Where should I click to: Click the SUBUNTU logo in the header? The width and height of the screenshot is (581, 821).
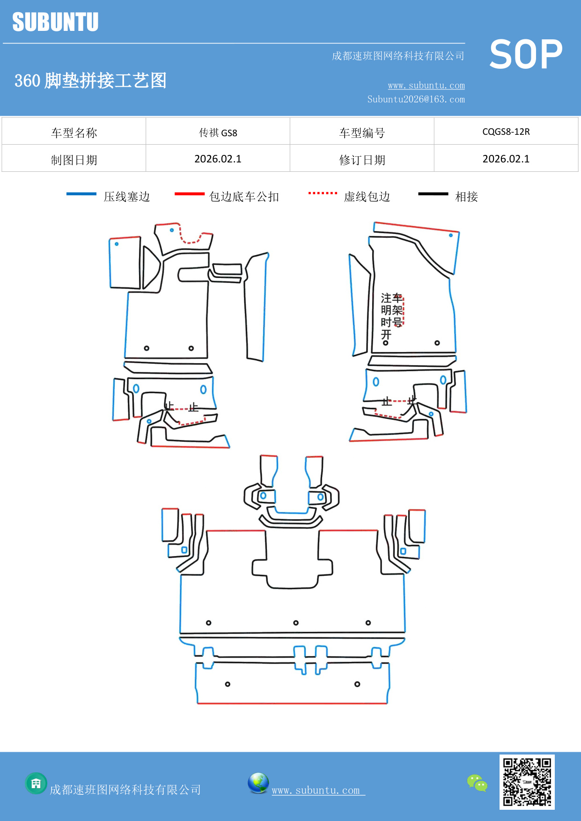pos(55,22)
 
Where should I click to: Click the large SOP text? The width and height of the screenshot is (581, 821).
pos(526,55)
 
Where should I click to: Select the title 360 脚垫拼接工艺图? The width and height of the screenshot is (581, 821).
pos(90,81)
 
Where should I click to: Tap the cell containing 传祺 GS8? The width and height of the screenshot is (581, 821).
pos(218,132)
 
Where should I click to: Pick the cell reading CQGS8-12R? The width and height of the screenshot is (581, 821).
pos(506,132)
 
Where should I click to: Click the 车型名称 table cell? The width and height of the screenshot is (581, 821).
pos(74,132)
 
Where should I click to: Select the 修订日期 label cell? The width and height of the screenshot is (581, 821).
pos(362,160)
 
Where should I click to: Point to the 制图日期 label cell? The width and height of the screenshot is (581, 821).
pos(74,160)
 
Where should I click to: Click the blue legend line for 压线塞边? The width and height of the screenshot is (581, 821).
pos(81,194)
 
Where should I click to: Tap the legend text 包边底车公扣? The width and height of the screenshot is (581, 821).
pos(243,197)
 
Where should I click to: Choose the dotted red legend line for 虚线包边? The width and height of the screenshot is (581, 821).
pos(323,193)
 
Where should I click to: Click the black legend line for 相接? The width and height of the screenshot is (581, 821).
pos(433,194)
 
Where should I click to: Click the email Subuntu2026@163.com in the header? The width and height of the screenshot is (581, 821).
pos(416,99)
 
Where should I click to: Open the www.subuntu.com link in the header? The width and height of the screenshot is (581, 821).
pos(426,85)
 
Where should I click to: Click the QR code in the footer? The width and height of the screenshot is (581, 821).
pos(527,782)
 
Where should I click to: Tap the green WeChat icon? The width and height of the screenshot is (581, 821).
pos(477,783)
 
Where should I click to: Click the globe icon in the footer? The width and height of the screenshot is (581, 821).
pos(258,783)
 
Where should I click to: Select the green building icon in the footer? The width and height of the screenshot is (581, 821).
pos(36,783)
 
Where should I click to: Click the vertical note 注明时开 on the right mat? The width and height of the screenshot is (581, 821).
pos(386,316)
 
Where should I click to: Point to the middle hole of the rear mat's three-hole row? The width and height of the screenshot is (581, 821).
pos(296,623)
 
